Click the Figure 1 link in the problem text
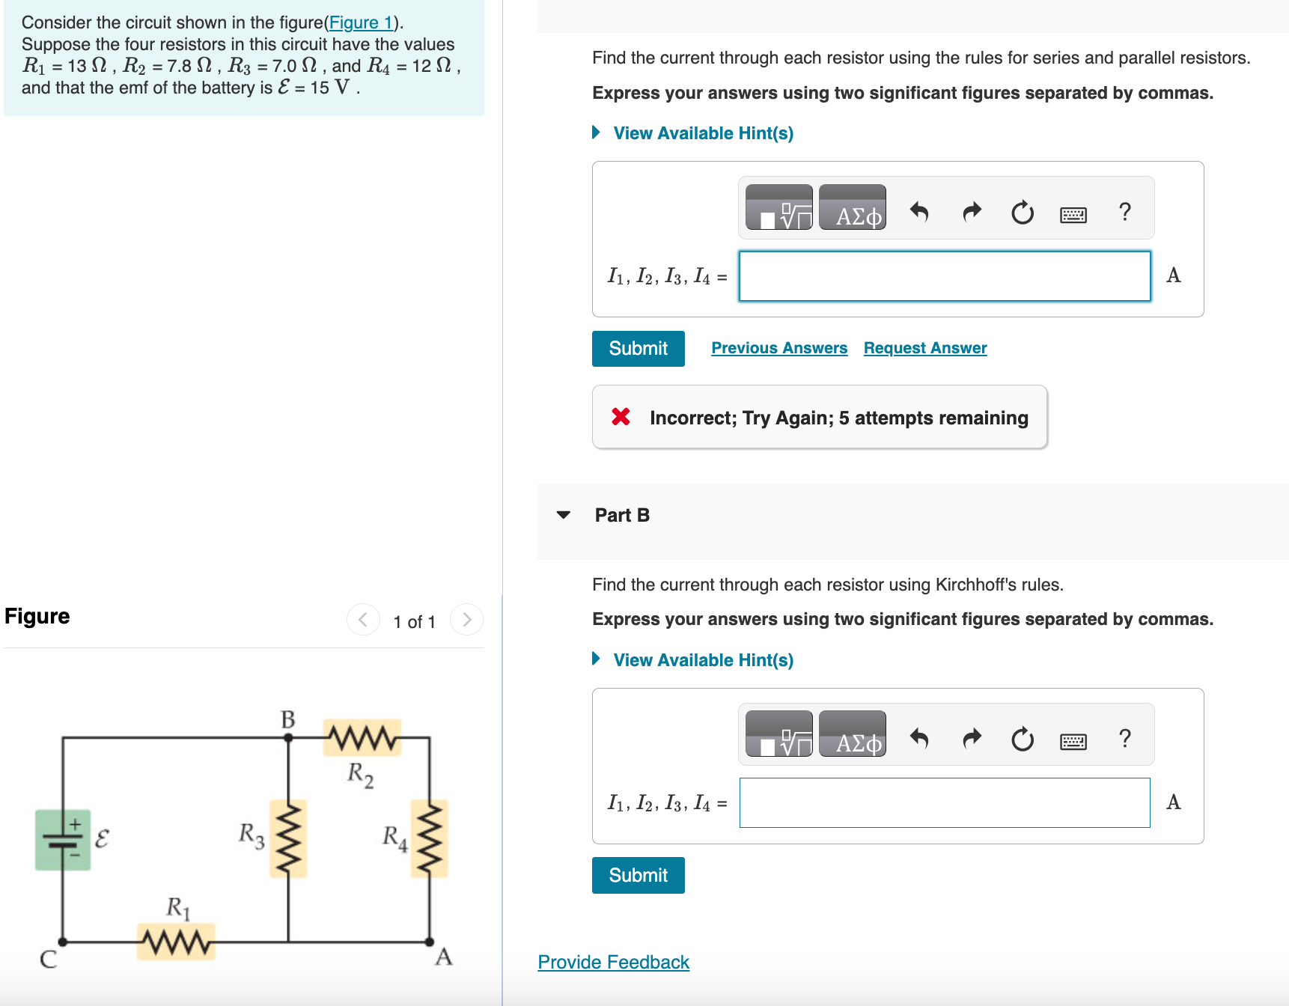(361, 22)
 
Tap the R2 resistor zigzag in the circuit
(362, 738)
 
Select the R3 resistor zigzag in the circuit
(288, 838)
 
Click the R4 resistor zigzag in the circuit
(430, 838)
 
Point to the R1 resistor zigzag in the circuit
(176, 942)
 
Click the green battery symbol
(63, 839)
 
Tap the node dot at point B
(288, 737)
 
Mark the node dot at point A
(430, 942)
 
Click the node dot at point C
(63, 942)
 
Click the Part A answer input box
(944, 276)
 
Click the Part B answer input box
(944, 802)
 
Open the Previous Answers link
(779, 348)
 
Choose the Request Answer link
(925, 348)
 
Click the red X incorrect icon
(621, 417)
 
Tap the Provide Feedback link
(613, 962)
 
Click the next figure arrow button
(467, 620)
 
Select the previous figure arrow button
(363, 620)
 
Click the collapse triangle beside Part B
(564, 515)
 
